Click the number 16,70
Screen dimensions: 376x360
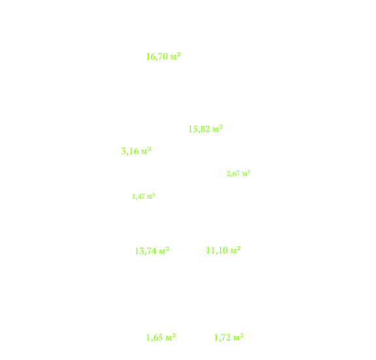(157, 57)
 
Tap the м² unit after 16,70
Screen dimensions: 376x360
(175, 56)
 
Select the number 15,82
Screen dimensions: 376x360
(199, 130)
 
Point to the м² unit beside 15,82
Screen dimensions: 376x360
(218, 129)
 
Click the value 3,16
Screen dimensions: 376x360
(130, 151)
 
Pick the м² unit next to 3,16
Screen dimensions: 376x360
(146, 151)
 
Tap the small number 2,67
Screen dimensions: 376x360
(233, 173)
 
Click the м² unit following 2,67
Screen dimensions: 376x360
(246, 173)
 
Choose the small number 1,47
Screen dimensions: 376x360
(138, 197)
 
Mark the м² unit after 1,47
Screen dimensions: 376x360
(151, 196)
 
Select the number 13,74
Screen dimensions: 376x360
(146, 251)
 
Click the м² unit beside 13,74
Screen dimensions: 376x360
(164, 251)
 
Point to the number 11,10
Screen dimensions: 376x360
(217, 251)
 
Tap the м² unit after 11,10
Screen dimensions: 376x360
(235, 250)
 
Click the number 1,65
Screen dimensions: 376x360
(155, 338)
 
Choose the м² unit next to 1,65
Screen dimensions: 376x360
(171, 338)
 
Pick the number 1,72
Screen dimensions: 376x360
(222, 338)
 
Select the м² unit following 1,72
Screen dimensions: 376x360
(239, 338)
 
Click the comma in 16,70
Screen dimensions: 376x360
(156, 60)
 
